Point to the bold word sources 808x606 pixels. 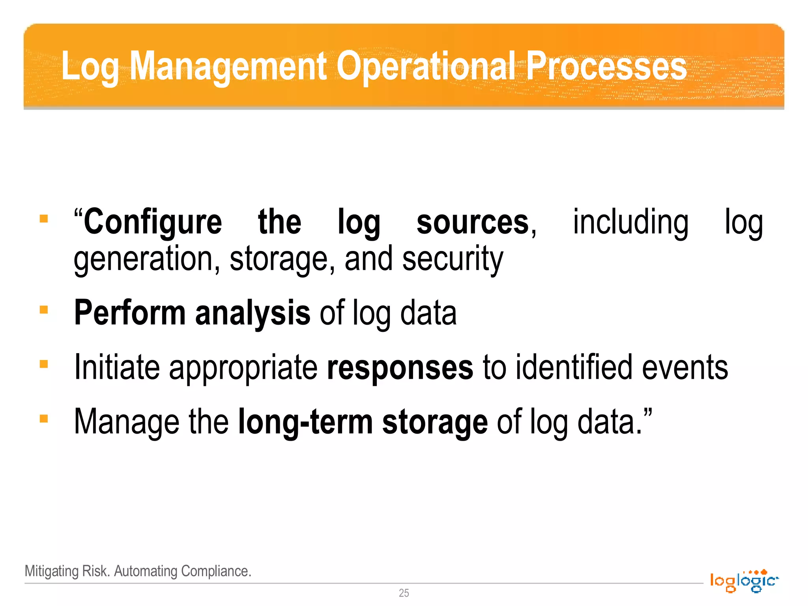pos(473,222)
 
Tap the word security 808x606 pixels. pos(453,260)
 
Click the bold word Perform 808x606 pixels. pos(130,313)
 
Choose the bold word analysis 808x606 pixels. pos(252,313)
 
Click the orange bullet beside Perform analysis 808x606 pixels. pos(44,310)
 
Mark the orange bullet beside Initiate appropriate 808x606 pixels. pos(44,364)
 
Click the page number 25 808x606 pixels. pos(404,593)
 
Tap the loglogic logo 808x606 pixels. pos(744,581)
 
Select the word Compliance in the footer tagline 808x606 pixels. pos(216,571)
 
